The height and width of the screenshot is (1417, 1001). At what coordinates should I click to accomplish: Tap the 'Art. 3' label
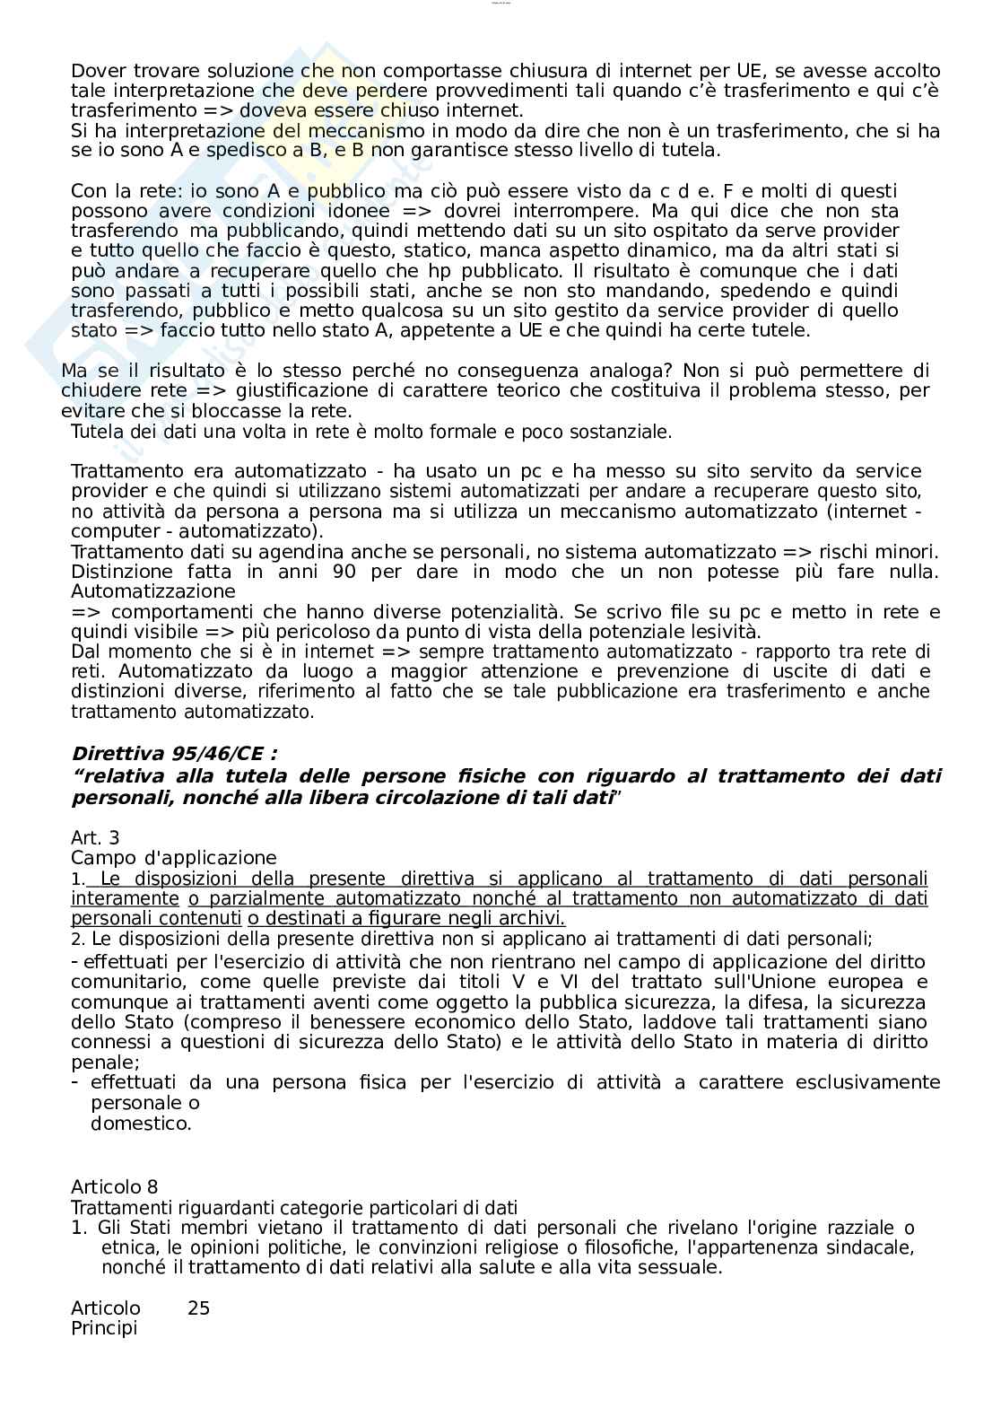[x=95, y=838]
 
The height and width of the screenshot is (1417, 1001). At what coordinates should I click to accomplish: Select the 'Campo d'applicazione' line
[x=174, y=858]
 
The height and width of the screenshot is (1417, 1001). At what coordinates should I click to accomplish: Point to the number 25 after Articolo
[x=198, y=1308]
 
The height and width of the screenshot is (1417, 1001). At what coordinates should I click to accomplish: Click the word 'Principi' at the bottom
[x=104, y=1328]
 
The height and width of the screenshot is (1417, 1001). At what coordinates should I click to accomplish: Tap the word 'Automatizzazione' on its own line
[x=153, y=591]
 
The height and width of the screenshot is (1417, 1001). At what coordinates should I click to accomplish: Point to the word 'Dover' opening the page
[x=96, y=71]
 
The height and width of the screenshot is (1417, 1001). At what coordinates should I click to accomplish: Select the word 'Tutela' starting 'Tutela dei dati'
[x=95, y=432]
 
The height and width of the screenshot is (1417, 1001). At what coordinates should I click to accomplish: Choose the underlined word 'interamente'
[x=125, y=898]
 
